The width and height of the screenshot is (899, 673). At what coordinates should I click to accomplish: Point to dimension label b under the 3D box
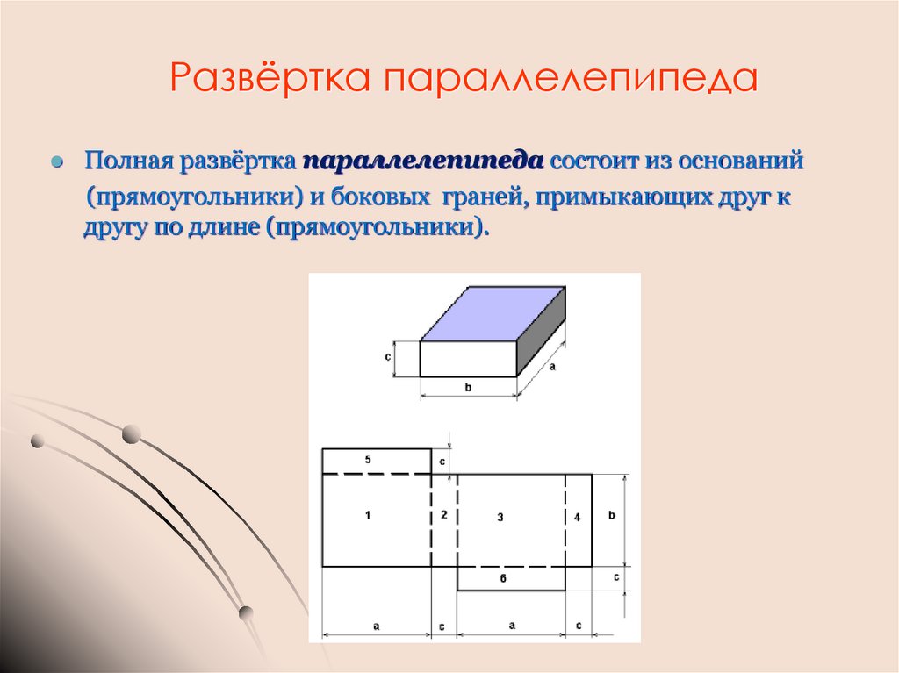pos(469,388)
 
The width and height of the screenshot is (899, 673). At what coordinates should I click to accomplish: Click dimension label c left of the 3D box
pos(387,358)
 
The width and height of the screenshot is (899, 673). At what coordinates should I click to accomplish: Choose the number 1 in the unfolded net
pos(367,516)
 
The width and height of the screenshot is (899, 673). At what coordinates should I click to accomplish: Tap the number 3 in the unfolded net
pos(500,518)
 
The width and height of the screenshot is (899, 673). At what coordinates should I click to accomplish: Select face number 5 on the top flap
pos(368,460)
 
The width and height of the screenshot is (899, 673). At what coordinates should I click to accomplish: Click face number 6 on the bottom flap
pos(502,578)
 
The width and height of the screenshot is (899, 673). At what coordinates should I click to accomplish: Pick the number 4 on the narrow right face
pos(577,518)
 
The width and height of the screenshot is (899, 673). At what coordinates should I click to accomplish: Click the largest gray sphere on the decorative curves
pos(131,433)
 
